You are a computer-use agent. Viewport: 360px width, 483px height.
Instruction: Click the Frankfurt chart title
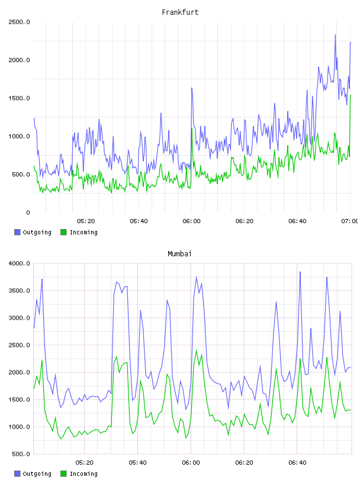pyautogui.click(x=180, y=12)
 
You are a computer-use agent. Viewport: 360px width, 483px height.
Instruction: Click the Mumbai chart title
pyautogui.click(x=179, y=254)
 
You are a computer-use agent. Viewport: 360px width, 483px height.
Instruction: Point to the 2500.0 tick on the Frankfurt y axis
pyautogui.click(x=19, y=22)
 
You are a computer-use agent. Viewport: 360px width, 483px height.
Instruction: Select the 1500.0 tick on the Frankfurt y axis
pyautogui.click(x=19, y=98)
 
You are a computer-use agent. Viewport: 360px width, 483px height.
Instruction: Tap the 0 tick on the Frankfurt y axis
pyautogui.click(x=28, y=212)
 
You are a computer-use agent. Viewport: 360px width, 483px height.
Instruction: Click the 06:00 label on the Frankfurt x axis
pyautogui.click(x=191, y=221)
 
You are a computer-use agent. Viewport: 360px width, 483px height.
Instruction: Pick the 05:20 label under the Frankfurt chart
pyautogui.click(x=86, y=221)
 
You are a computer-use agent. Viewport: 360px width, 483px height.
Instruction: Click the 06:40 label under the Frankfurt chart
pyautogui.click(x=297, y=221)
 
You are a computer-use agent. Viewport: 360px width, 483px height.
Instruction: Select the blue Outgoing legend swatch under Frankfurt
pyautogui.click(x=17, y=232)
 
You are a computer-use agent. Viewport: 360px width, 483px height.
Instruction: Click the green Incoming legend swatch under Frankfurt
pyautogui.click(x=63, y=232)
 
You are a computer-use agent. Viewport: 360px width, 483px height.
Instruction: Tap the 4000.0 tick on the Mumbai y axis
pyautogui.click(x=19, y=263)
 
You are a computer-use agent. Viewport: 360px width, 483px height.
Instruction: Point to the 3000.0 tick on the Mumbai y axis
pyautogui.click(x=19, y=318)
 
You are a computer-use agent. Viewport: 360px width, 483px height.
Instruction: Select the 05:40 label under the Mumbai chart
pyautogui.click(x=138, y=463)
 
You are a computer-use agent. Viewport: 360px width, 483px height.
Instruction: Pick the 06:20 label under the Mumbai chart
pyautogui.click(x=244, y=463)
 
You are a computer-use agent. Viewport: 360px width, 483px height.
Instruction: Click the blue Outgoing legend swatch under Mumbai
pyautogui.click(x=17, y=474)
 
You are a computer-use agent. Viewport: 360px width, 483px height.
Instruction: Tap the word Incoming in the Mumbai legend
pyautogui.click(x=83, y=474)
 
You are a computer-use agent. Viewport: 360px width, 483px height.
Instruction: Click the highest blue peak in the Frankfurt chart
pyautogui.click(x=335, y=35)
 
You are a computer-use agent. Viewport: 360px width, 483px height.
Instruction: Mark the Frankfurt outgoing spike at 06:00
pyautogui.click(x=192, y=88)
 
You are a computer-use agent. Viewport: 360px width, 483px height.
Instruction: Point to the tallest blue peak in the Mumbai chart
pyautogui.click(x=300, y=272)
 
